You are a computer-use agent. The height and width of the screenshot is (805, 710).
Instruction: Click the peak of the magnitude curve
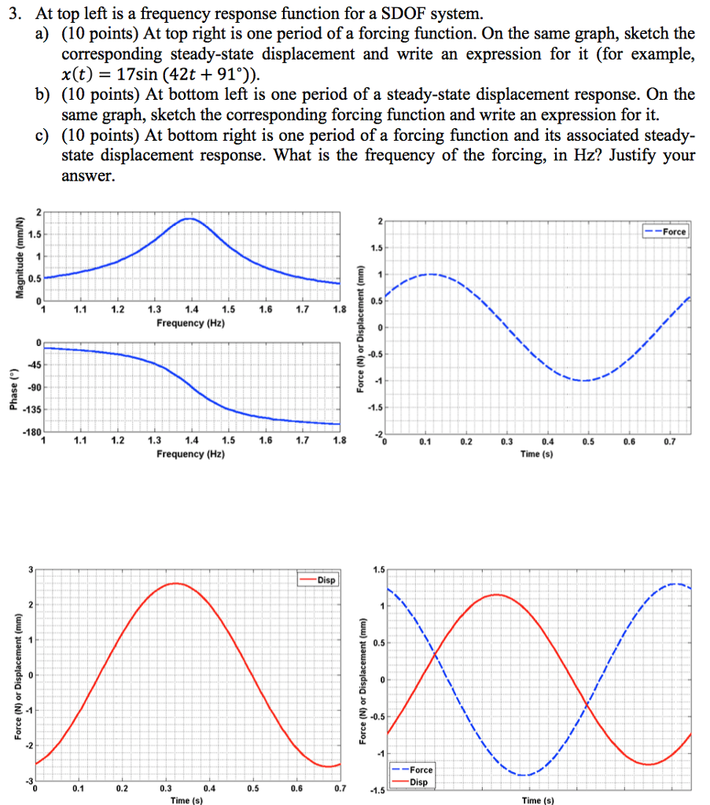189,219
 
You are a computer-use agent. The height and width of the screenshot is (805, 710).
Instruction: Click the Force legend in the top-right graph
665,232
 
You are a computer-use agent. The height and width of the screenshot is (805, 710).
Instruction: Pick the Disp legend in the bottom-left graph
318,580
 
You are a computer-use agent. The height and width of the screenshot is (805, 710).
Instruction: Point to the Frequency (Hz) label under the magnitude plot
190,323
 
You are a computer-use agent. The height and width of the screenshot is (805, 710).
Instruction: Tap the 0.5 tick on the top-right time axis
588,441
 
